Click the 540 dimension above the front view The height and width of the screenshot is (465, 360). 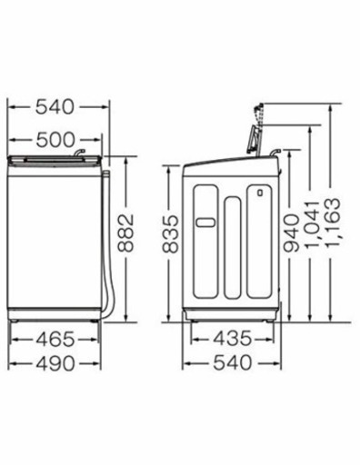tap(54, 108)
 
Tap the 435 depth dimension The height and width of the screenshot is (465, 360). tap(232, 340)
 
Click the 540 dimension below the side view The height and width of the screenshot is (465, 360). tap(232, 363)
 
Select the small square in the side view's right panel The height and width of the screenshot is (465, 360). tap(258, 193)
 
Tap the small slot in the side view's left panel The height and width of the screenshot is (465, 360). tap(205, 221)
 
